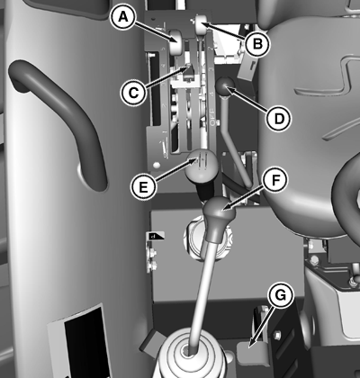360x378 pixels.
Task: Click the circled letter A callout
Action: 122,17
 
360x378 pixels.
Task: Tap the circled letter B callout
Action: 257,44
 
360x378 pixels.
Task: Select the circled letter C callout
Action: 133,93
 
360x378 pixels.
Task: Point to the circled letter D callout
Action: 279,118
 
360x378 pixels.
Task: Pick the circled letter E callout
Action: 143,187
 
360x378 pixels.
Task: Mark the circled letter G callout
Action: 281,295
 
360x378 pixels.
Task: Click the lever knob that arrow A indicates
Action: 176,42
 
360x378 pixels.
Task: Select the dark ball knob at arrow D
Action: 224,86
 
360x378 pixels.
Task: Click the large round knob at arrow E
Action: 199,166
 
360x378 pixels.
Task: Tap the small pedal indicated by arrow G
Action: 251,354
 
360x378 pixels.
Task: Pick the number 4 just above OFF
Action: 212,94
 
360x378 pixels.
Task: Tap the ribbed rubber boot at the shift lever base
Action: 189,357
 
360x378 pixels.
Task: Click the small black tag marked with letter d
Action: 156,236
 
